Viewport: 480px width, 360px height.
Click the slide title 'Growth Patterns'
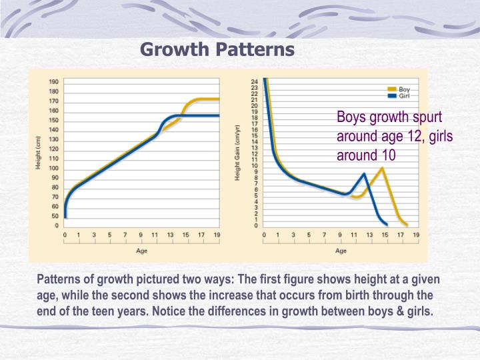tap(217, 49)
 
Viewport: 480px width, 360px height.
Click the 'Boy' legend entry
tap(404, 89)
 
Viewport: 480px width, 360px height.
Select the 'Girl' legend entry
tap(404, 96)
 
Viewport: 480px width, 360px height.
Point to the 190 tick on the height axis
tap(53, 81)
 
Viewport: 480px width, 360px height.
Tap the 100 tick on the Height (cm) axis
tap(53, 168)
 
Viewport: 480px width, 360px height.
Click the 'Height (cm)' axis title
tap(38, 153)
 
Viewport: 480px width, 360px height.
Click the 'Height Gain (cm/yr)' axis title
tap(237, 153)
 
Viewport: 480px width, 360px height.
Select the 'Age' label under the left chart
tap(141, 251)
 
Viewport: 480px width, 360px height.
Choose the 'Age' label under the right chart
tap(341, 251)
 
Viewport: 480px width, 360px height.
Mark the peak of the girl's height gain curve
tap(363, 174)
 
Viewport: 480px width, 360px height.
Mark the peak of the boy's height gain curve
tap(381, 168)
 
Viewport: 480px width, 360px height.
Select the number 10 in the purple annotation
tap(389, 155)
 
